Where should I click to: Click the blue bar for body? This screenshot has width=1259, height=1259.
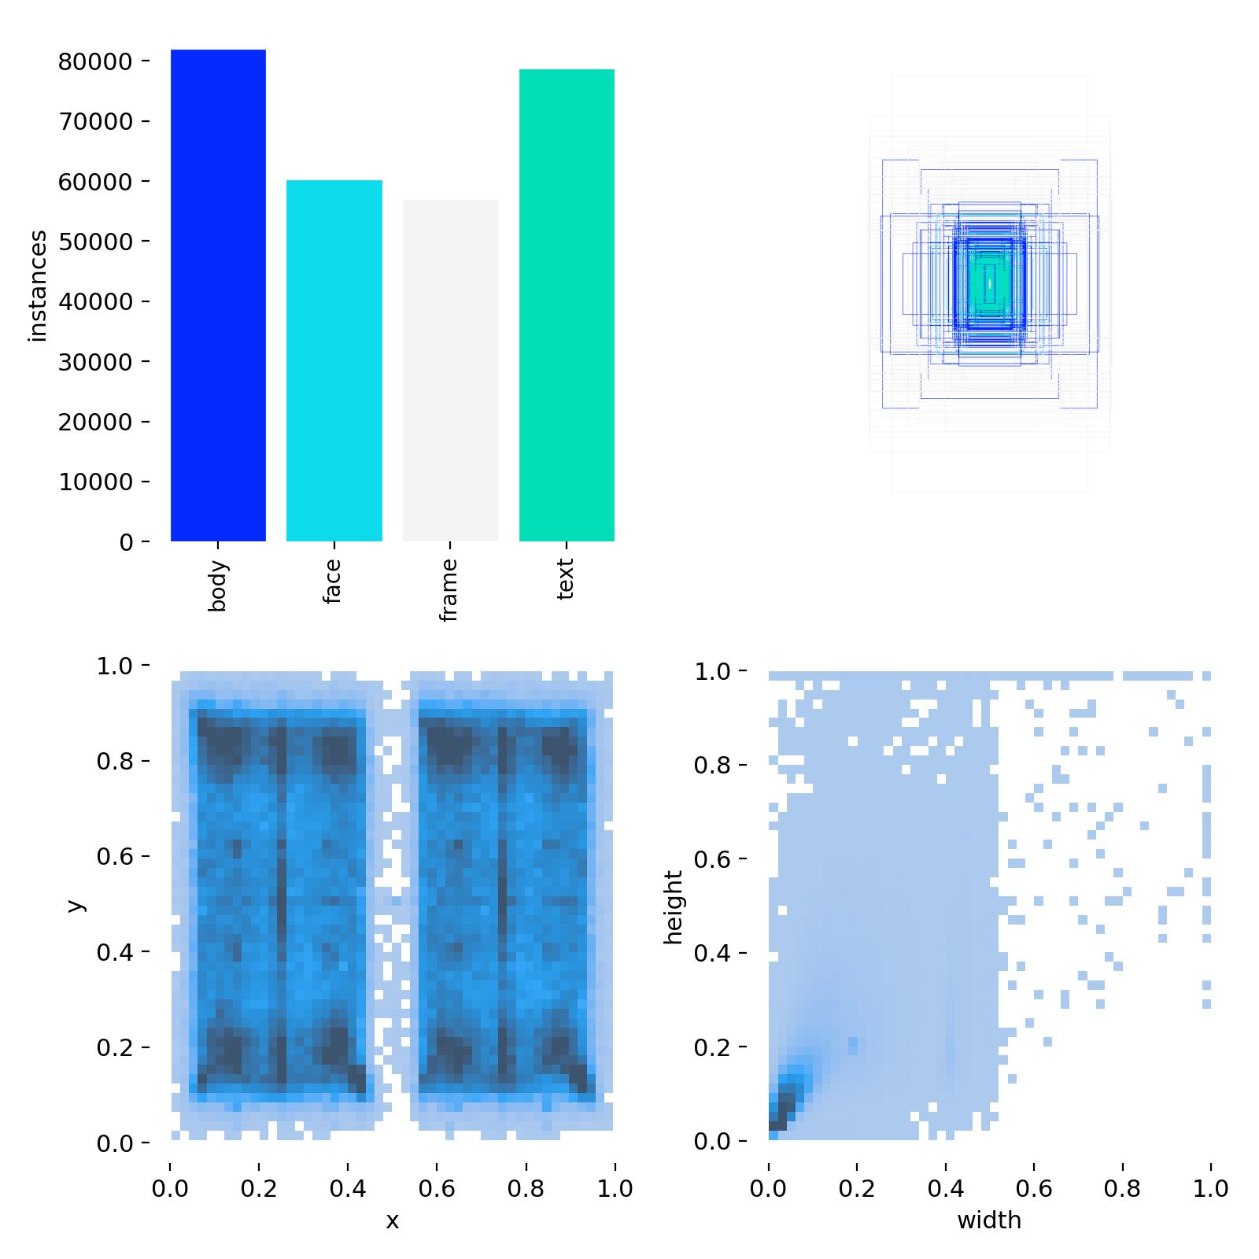click(218, 296)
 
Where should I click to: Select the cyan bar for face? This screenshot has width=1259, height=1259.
click(334, 361)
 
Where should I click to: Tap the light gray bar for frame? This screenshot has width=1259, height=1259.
click(450, 371)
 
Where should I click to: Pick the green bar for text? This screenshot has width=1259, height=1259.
click(567, 305)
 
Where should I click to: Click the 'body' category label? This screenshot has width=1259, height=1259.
click(218, 585)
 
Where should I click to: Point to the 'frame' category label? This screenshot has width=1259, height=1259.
click(449, 590)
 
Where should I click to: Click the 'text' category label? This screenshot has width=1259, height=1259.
click(566, 579)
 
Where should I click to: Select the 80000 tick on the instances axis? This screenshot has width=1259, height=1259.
click(94, 61)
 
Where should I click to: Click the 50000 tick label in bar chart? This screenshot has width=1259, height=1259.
click(94, 242)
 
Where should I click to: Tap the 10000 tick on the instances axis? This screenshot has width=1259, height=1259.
click(94, 482)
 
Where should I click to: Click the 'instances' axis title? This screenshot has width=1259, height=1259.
click(38, 286)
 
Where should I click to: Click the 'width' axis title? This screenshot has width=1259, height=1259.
click(989, 1220)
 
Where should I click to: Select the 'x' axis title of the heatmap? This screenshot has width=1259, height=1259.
click(392, 1221)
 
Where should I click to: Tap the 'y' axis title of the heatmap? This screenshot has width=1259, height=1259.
click(76, 905)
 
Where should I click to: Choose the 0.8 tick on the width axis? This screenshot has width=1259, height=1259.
click(1122, 1187)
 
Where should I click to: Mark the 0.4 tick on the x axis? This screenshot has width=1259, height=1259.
click(348, 1188)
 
